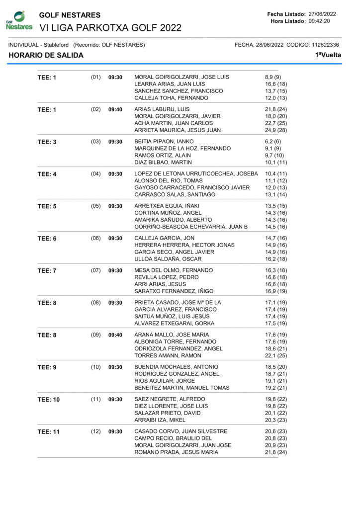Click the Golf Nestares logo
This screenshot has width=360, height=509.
pyautogui.click(x=19, y=20)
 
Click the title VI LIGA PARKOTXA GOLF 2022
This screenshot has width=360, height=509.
pyautogui.click(x=110, y=27)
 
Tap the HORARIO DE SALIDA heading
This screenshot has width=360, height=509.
pyautogui.click(x=46, y=55)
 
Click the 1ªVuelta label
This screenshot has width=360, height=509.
pyautogui.click(x=328, y=55)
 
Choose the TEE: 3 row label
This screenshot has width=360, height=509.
pyautogui.click(x=47, y=142)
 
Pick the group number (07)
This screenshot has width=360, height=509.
pyautogui.click(x=96, y=270)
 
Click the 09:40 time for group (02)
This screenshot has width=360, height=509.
pyautogui.click(x=115, y=109)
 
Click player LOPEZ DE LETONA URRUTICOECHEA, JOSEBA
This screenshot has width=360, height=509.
pyautogui.click(x=196, y=173)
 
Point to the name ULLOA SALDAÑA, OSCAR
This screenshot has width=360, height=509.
pyautogui.click(x=168, y=259)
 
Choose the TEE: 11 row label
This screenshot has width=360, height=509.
pyautogui.click(x=48, y=431)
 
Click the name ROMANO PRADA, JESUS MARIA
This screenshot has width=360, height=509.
pyautogui.click(x=176, y=452)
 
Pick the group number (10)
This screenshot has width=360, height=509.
pyautogui.click(x=96, y=367)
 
